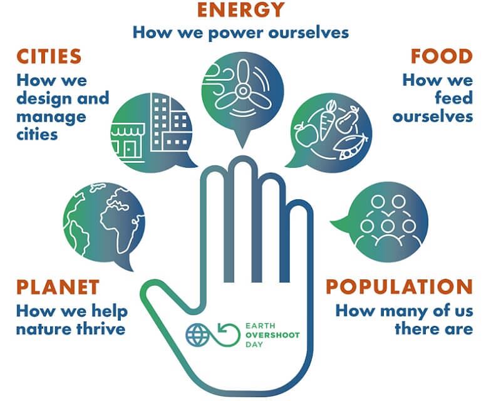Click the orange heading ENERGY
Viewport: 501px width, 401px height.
click(241, 9)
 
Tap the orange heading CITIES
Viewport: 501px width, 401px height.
click(49, 56)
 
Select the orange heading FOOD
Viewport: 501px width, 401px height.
click(442, 56)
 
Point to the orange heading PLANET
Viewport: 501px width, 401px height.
click(58, 287)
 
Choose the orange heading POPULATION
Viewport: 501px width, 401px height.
click(399, 287)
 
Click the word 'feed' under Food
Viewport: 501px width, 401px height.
click(453, 98)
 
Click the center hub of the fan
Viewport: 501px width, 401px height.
click(243, 91)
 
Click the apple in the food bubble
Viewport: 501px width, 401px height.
click(306, 133)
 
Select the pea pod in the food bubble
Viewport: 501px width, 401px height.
click(351, 147)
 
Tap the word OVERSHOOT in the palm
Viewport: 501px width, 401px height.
click(272, 335)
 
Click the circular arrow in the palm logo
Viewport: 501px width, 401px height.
click(229, 335)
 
